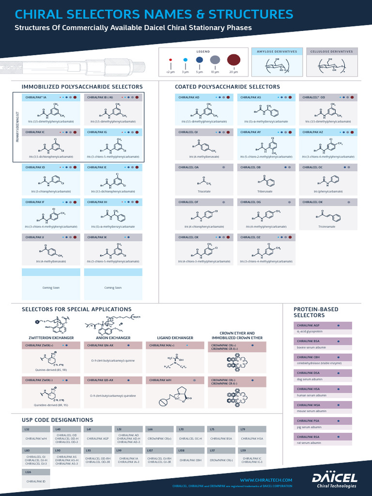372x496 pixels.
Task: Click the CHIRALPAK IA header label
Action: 36,97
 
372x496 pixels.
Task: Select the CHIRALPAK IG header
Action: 97,132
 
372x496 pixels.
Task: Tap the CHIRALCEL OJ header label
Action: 188,132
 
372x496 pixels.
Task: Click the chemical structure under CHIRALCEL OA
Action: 204,183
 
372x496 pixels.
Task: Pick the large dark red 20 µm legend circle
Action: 234,60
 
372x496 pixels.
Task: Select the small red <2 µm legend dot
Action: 170,61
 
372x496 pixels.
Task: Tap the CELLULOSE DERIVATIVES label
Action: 331,51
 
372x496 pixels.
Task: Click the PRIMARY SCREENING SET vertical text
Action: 17,126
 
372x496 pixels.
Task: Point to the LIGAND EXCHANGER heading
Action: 175,338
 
